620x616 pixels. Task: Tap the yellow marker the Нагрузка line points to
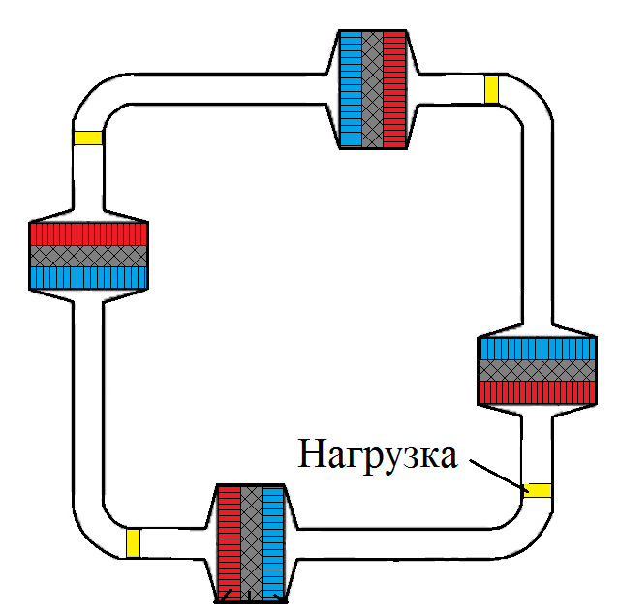point(537,489)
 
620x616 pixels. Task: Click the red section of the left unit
point(88,233)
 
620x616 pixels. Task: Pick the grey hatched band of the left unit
point(88,256)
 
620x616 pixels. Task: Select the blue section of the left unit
point(88,278)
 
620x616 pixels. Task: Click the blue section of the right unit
point(537,348)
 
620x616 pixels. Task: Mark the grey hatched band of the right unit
point(537,370)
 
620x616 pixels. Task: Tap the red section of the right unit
point(537,392)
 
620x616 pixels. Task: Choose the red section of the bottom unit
point(228,542)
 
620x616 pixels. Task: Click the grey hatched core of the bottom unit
point(251,542)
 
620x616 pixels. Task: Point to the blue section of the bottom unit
point(274,542)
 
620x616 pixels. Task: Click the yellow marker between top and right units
point(491,88)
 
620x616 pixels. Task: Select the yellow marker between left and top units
point(87,138)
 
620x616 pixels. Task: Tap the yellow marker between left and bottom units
point(133,542)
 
